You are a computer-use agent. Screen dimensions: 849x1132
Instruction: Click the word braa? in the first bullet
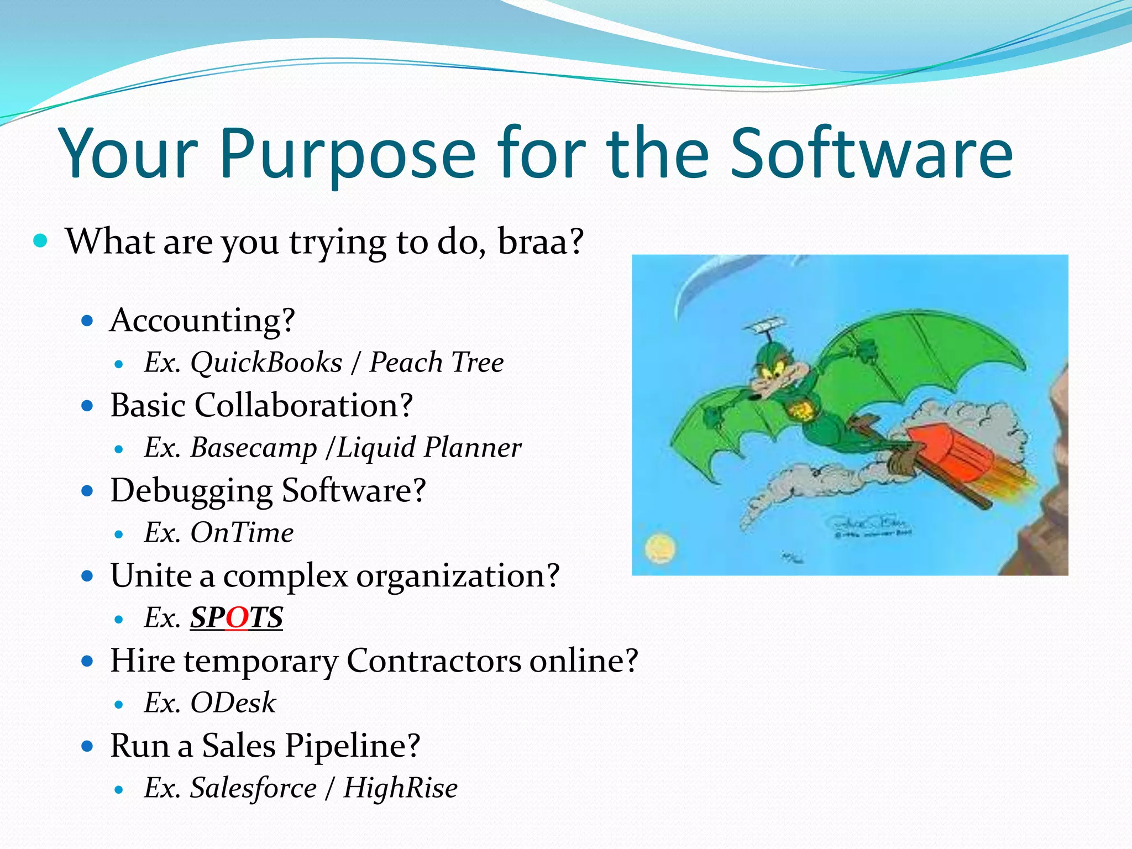[541, 242]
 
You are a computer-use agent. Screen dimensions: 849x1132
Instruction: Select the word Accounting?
[202, 321]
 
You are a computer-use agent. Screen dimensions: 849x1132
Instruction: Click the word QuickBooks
[266, 363]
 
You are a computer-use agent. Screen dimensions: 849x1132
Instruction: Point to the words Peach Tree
[436, 363]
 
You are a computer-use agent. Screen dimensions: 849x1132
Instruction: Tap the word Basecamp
[254, 448]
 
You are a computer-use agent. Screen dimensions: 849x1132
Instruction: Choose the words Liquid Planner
[428, 448]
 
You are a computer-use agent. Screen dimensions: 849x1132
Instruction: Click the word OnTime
[242, 533]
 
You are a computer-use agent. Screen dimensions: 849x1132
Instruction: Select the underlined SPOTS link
[237, 618]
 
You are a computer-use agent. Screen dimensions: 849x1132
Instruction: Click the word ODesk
[233, 703]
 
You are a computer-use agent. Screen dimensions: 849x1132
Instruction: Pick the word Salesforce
[254, 788]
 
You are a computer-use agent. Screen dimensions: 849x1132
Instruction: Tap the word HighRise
[400, 788]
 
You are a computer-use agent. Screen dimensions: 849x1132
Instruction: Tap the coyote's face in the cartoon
[774, 376]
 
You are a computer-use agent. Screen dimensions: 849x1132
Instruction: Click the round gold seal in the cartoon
[660, 548]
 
